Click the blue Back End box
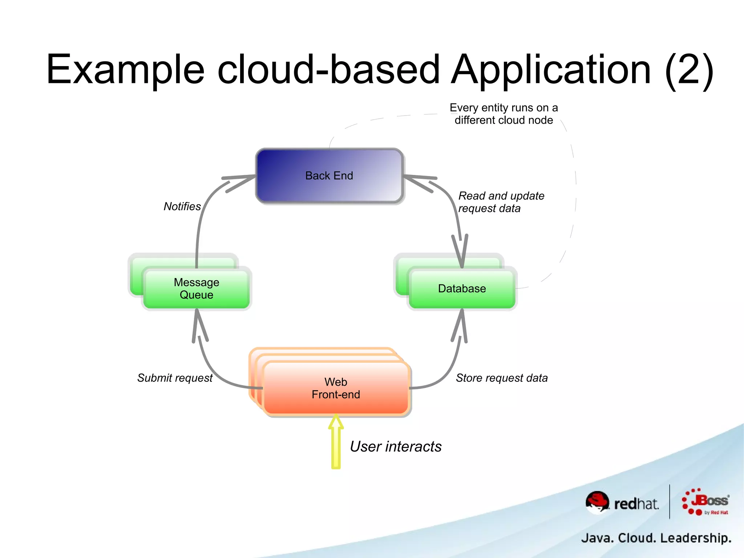pyautogui.click(x=329, y=176)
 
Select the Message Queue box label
pyautogui.click(x=196, y=288)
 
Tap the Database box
pyautogui.click(x=462, y=288)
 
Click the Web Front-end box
pyautogui.click(x=336, y=388)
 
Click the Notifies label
pyautogui.click(x=182, y=206)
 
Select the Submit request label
pyautogui.click(x=175, y=378)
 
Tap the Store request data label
pyautogui.click(x=501, y=378)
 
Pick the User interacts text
pyautogui.click(x=396, y=446)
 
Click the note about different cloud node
pyautogui.click(x=504, y=114)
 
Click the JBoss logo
pyautogui.click(x=705, y=502)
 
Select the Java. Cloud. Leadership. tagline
pyautogui.click(x=656, y=538)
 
